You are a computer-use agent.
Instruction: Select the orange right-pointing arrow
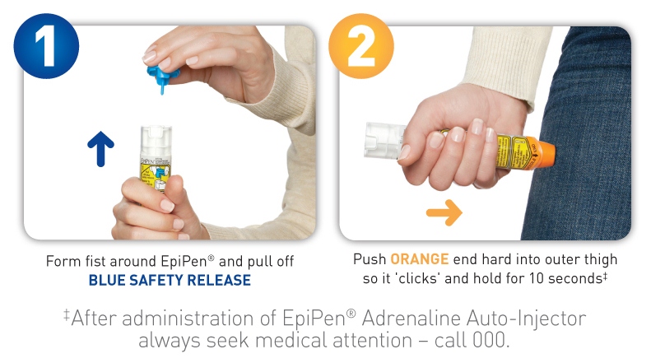point(444,213)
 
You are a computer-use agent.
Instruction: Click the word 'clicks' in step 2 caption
point(423,278)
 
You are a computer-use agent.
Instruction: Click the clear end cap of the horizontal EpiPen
point(381,138)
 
